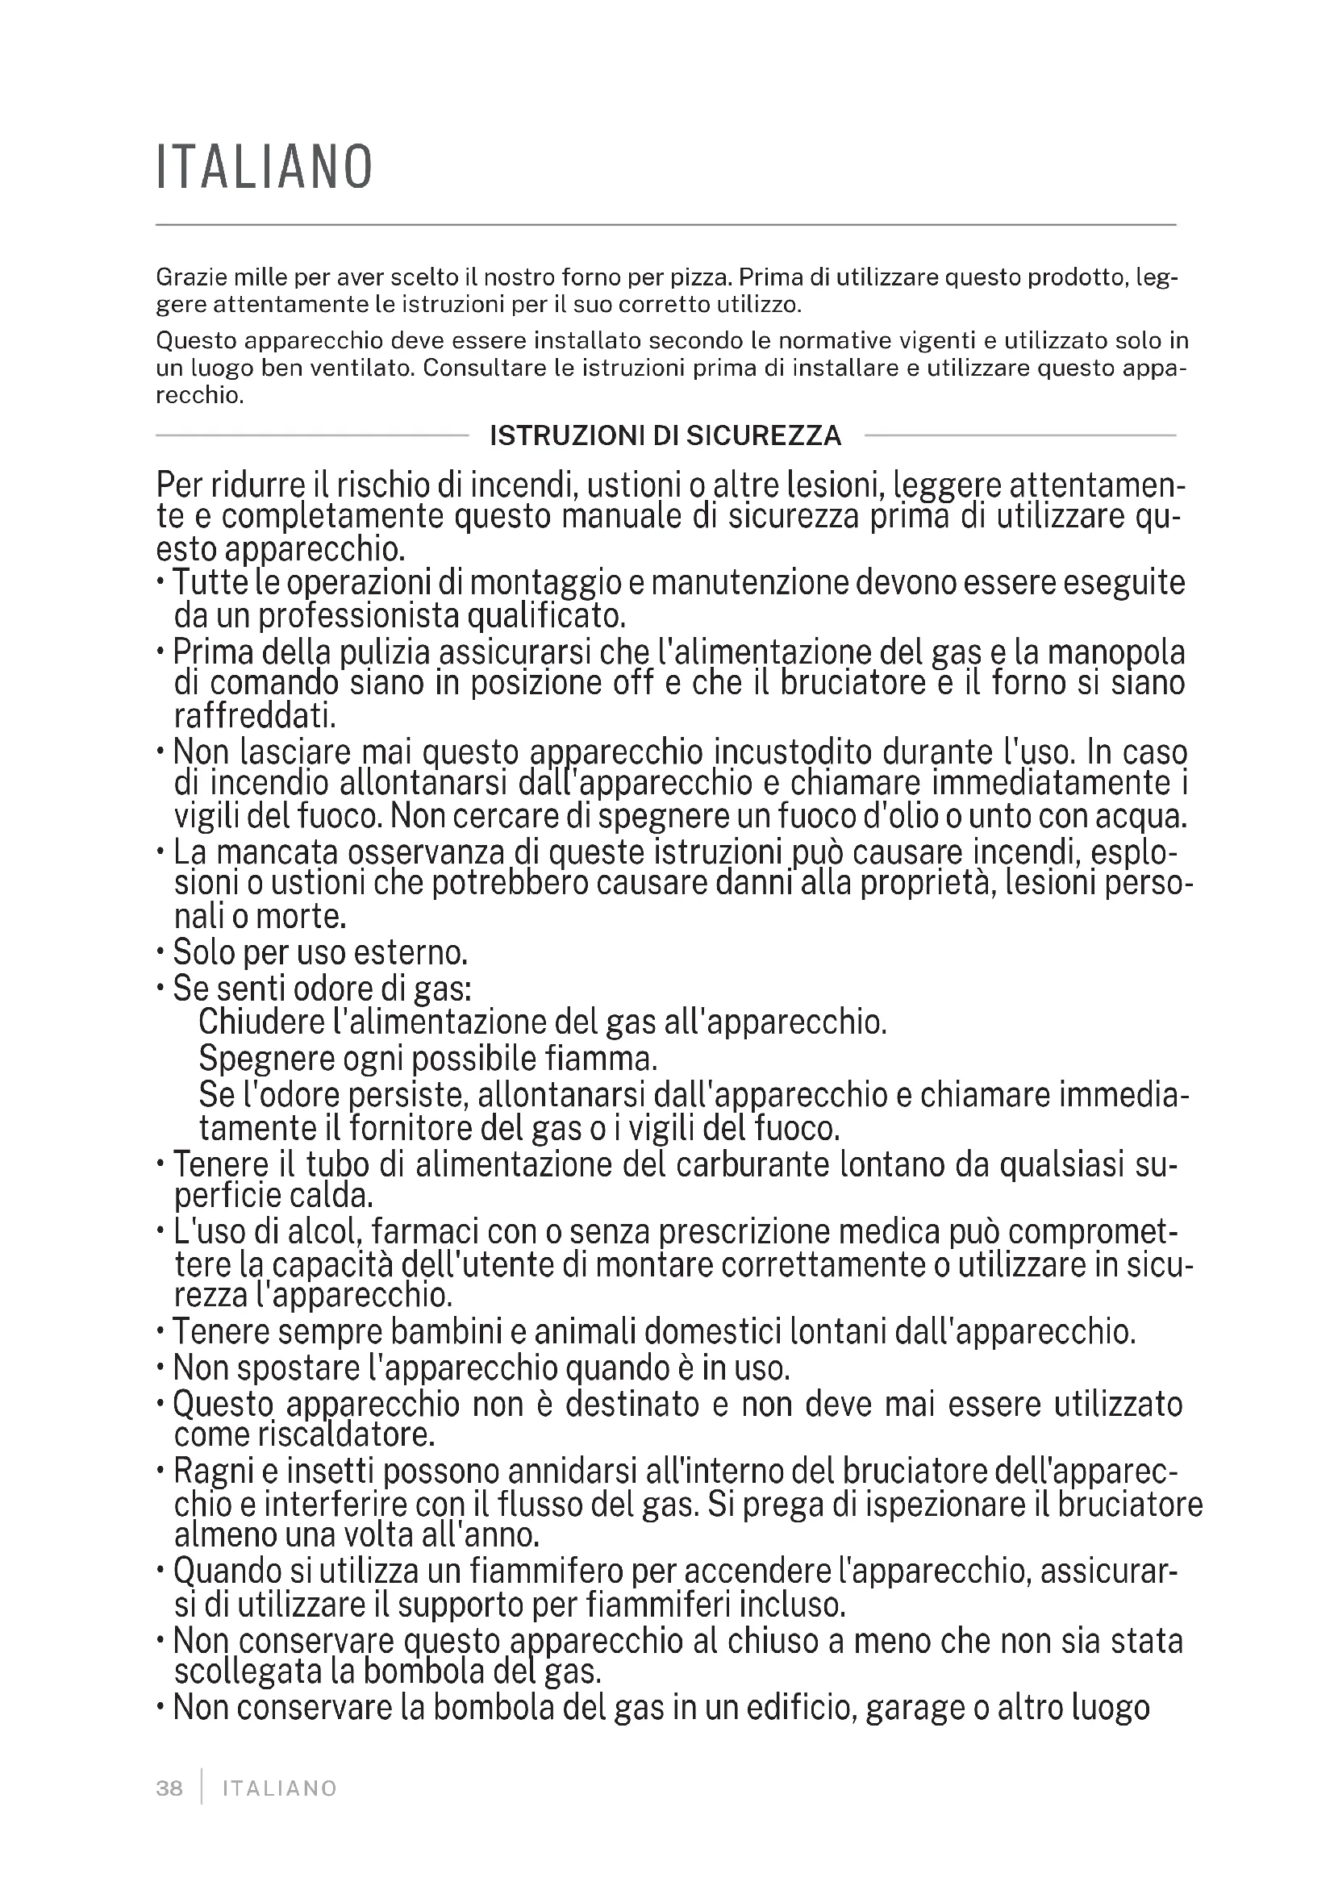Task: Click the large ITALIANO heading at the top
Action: tap(265, 168)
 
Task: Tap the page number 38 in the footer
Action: tap(169, 1788)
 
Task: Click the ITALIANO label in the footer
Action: tap(280, 1788)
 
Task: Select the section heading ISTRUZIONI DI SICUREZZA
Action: tap(665, 435)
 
